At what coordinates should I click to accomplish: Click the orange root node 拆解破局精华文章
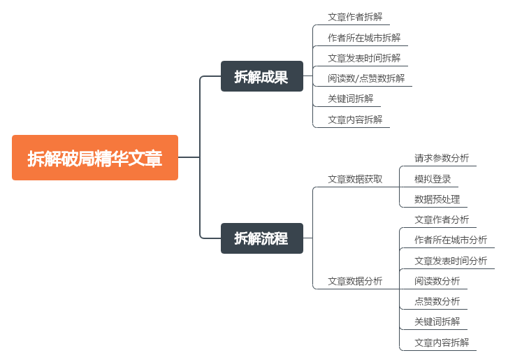click(95, 158)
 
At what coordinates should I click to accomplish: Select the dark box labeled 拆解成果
click(261, 76)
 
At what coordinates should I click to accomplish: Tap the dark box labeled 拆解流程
click(261, 238)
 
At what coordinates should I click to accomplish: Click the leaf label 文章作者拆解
click(355, 17)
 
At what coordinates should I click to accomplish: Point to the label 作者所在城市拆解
click(364, 38)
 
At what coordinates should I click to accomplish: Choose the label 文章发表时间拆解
click(364, 58)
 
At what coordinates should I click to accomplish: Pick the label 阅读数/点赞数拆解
click(366, 78)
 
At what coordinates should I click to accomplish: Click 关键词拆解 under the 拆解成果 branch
click(350, 99)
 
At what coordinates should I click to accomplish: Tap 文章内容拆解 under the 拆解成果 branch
click(355, 120)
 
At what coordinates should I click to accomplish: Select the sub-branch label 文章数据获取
click(355, 179)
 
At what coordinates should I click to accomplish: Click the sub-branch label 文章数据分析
click(355, 281)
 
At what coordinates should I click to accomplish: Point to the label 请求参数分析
click(442, 158)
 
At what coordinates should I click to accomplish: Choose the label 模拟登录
click(433, 179)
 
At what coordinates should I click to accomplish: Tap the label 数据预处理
click(437, 199)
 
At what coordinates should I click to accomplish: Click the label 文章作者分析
click(442, 219)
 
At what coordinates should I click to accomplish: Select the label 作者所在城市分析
click(451, 240)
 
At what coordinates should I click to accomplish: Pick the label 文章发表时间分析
click(451, 261)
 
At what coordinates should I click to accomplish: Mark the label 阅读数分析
click(437, 281)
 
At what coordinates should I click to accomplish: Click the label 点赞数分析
click(437, 302)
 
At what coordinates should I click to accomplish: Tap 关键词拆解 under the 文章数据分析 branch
click(437, 322)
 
